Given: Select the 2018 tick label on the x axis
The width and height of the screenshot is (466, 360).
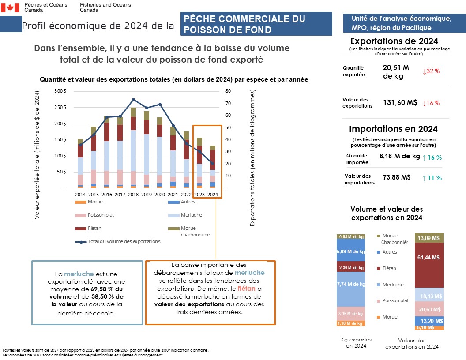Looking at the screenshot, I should point(133,194).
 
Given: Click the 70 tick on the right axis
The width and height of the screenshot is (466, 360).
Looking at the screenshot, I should point(228,103).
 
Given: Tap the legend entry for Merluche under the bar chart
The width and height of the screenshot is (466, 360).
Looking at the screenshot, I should point(192,215).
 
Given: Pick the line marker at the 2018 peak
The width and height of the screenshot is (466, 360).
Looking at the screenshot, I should point(133,100).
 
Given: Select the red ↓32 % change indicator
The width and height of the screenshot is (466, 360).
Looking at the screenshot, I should point(431,71).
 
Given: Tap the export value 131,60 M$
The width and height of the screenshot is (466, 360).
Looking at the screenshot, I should point(400,103).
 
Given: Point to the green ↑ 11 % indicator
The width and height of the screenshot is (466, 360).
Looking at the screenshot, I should point(432,178).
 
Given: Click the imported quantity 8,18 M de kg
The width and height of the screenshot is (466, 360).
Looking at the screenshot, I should point(400,156).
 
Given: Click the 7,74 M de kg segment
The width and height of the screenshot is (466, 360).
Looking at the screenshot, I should point(351,285).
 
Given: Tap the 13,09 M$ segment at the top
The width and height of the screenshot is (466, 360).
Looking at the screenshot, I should point(428,238).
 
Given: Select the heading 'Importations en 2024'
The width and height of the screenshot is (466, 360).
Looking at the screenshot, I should point(393,129).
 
